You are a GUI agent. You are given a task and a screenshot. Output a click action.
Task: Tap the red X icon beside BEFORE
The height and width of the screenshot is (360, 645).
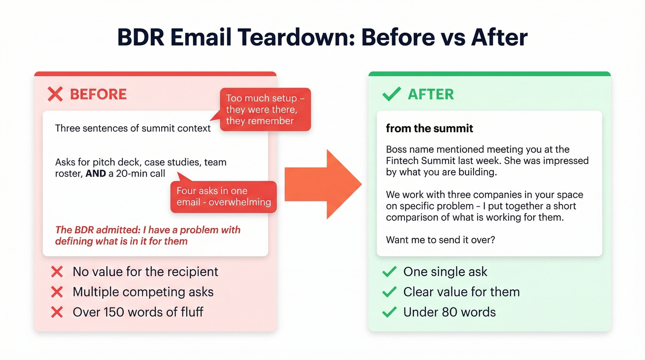pyautogui.click(x=55, y=94)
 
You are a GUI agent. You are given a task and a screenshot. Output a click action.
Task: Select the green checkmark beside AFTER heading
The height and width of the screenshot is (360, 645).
pyautogui.click(x=391, y=94)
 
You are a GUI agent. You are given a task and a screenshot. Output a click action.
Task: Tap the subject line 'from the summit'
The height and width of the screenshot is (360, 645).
pyautogui.click(x=429, y=128)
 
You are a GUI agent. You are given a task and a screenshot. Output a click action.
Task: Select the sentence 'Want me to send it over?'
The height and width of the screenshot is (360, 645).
pyautogui.click(x=440, y=240)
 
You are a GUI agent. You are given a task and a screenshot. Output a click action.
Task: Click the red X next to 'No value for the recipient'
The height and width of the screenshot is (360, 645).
pyautogui.click(x=57, y=272)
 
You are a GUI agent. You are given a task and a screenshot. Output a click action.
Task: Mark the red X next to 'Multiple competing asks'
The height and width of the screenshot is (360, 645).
pyautogui.click(x=57, y=292)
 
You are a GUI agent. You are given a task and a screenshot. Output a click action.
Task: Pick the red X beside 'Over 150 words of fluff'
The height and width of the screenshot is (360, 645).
pyautogui.click(x=57, y=312)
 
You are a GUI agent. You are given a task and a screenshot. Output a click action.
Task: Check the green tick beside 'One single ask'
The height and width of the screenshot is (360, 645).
pyautogui.click(x=389, y=272)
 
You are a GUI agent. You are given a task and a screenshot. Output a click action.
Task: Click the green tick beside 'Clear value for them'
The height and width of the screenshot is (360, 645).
pyautogui.click(x=389, y=292)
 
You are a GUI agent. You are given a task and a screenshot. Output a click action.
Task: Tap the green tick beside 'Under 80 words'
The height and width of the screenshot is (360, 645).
pyautogui.click(x=389, y=312)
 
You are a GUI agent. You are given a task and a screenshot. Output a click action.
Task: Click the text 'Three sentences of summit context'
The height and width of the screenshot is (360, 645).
pyautogui.click(x=133, y=128)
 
